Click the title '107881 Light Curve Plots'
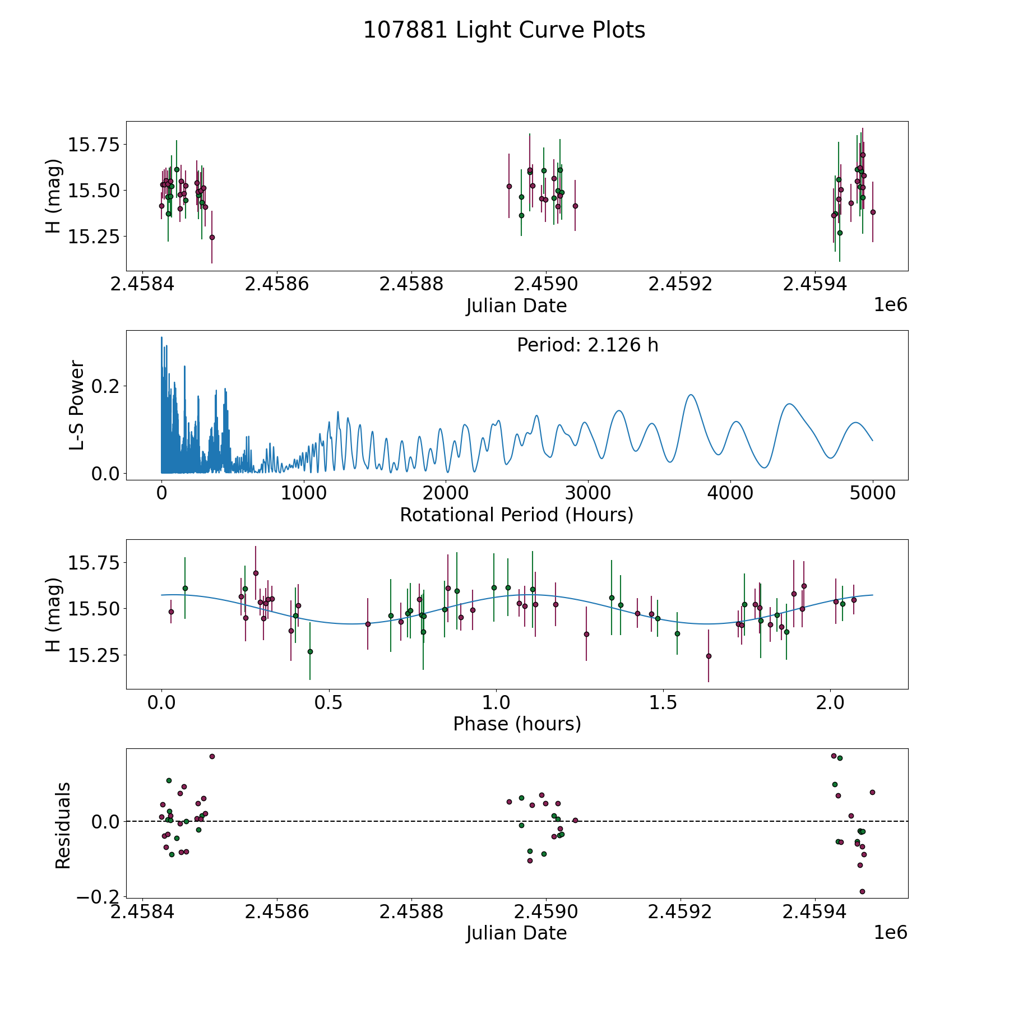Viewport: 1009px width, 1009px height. coord(504,30)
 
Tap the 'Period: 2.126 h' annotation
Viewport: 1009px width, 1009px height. coord(587,345)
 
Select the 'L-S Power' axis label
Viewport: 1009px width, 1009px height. coord(77,405)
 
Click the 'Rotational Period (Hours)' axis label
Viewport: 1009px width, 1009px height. coord(516,515)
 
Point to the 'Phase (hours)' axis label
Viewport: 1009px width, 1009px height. coord(517,724)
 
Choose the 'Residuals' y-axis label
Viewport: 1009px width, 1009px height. coord(63,825)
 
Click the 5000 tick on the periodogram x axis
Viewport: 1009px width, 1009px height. coord(872,493)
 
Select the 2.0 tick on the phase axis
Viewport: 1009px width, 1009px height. coord(830,702)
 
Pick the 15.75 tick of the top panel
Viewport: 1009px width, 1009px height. coord(94,145)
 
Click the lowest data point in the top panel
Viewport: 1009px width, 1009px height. coord(212,237)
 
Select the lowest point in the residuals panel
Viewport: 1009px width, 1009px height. coord(862,891)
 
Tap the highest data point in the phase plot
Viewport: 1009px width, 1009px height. coord(256,573)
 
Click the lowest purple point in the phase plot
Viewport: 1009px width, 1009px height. coord(709,656)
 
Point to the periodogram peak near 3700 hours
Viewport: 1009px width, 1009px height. coord(691,395)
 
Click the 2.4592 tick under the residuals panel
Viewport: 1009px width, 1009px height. coord(680,912)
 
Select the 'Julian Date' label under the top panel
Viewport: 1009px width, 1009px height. coord(516,306)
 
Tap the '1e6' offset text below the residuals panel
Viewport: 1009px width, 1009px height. coord(890,932)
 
